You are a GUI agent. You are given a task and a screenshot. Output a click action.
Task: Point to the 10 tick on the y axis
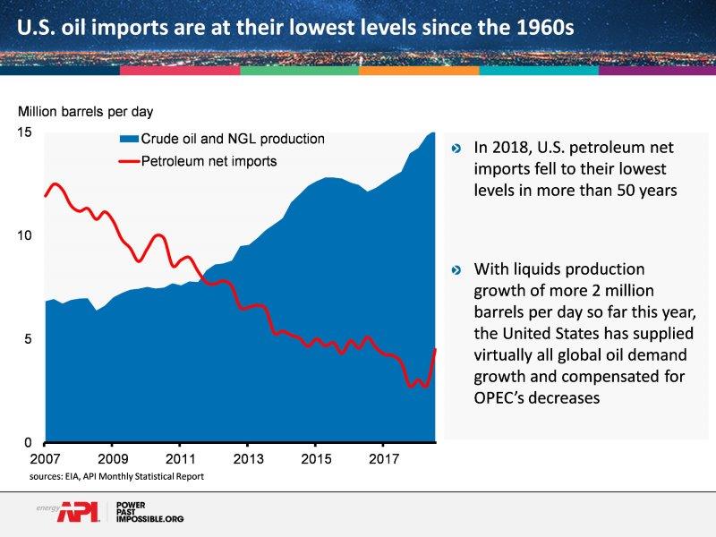coord(26,236)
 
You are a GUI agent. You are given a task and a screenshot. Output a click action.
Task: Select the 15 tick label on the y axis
coord(26,133)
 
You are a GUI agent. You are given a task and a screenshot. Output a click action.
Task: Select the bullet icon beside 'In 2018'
coord(457,149)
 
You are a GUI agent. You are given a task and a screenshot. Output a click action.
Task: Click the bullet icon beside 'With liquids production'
coord(457,269)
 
